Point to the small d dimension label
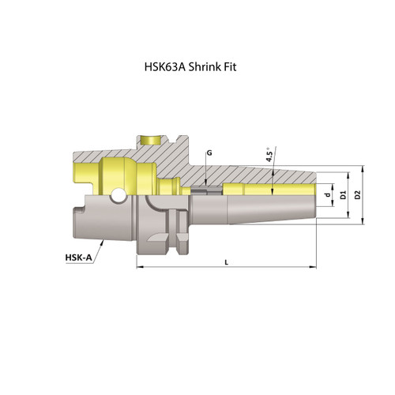[326, 194]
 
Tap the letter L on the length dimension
[227, 261]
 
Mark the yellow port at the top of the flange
[147, 140]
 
